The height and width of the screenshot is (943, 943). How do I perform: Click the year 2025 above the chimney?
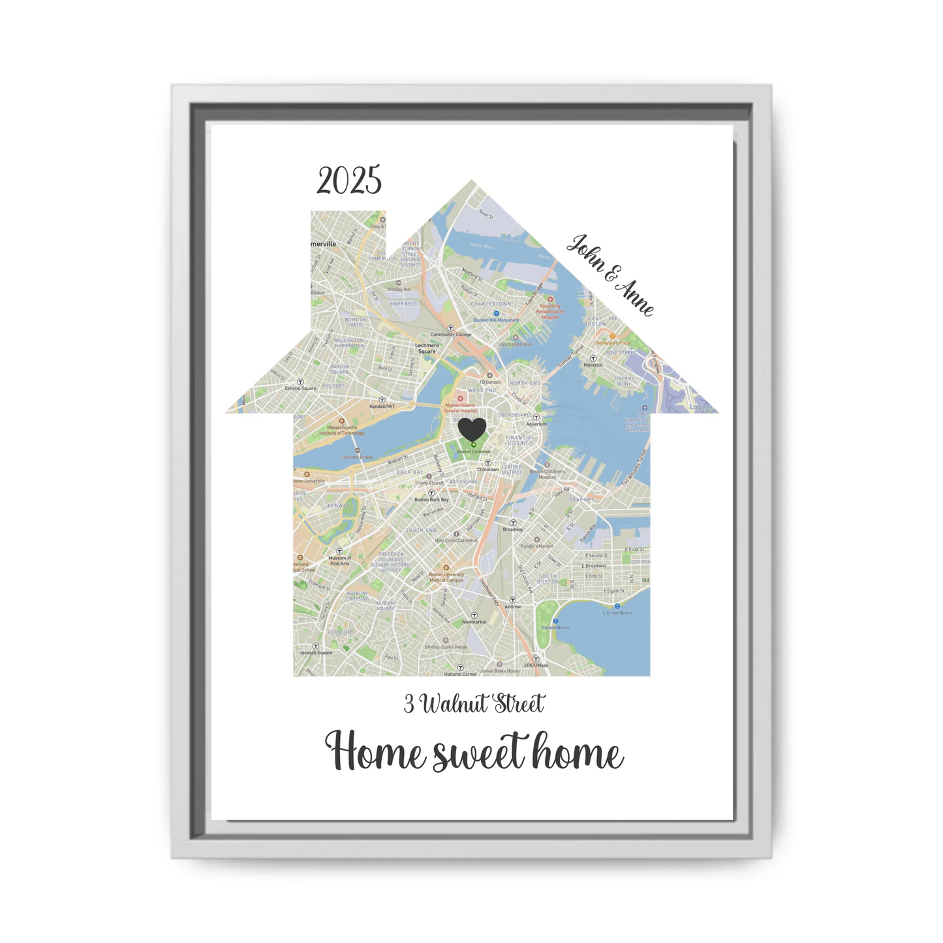pyautogui.click(x=349, y=181)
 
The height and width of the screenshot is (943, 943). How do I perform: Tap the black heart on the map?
pyautogui.click(x=472, y=429)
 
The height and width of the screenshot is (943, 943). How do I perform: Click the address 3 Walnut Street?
pyautogui.click(x=474, y=704)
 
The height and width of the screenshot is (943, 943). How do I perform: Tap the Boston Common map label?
pyautogui.click(x=474, y=452)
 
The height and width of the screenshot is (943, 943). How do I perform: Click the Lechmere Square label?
pyautogui.click(x=427, y=348)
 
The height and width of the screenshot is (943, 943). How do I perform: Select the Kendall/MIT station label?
pyautogui.click(x=382, y=407)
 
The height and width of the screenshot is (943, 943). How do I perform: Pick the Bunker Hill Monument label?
pyautogui.click(x=496, y=320)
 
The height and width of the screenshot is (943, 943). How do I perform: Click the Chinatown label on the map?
pyautogui.click(x=487, y=469)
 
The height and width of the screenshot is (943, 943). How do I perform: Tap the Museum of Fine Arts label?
pyautogui.click(x=339, y=561)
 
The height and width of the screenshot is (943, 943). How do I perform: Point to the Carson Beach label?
pyautogui.click(x=555, y=628)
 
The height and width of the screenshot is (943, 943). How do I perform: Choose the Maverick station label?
pyautogui.click(x=593, y=365)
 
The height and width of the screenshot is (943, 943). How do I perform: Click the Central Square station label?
pyautogui.click(x=301, y=388)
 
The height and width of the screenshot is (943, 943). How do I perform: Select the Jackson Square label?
pyautogui.click(x=316, y=653)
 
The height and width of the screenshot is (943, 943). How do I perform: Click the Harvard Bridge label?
pyautogui.click(x=358, y=457)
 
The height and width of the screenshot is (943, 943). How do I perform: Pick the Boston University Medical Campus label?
pyautogui.click(x=446, y=578)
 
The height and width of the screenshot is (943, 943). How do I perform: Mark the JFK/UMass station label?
pyautogui.click(x=536, y=665)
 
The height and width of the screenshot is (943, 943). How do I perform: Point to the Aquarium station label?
pyautogui.click(x=536, y=424)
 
